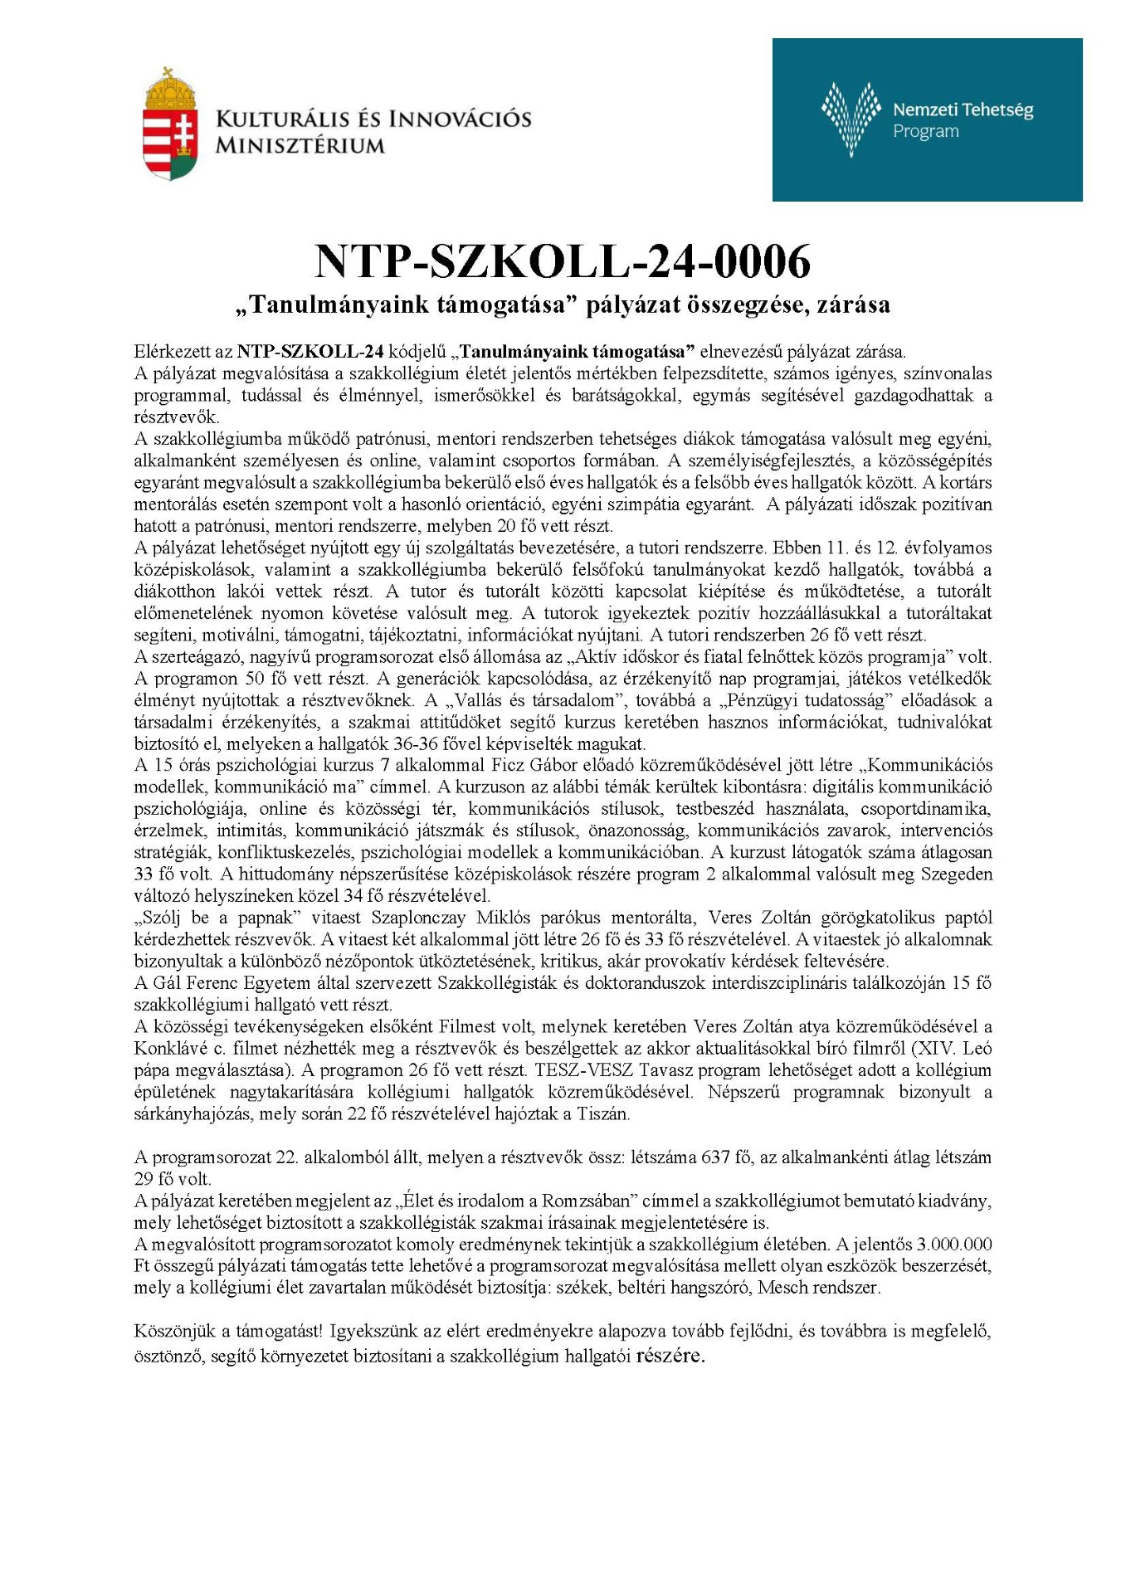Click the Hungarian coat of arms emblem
tap(170, 124)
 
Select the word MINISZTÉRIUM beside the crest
tap(300, 146)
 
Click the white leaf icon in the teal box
tap(851, 119)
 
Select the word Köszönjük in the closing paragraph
tap(172, 1331)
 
